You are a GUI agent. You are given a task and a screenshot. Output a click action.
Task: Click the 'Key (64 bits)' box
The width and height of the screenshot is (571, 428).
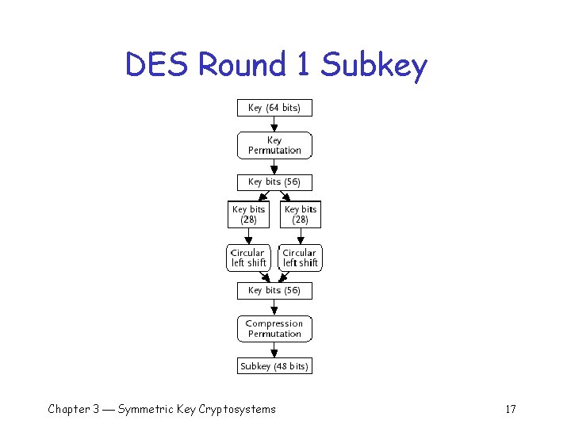(x=274, y=108)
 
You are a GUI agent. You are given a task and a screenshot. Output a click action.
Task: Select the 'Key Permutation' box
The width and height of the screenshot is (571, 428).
(x=274, y=145)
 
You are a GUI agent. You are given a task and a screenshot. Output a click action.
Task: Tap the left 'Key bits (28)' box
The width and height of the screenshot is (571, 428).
(x=248, y=215)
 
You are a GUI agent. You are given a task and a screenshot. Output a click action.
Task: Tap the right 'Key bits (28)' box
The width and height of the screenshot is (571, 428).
(x=301, y=215)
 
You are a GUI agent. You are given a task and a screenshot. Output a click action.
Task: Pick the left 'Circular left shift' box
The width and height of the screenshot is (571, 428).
(x=248, y=258)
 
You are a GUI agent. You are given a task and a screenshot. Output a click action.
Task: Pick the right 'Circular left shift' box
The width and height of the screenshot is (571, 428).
(x=301, y=258)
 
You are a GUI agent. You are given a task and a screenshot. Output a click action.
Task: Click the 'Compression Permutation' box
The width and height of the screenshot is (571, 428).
(x=274, y=329)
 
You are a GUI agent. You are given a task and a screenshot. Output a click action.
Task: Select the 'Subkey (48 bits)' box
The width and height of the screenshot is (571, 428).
(x=274, y=366)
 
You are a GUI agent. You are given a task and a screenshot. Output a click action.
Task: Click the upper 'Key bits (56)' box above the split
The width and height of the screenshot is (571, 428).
(x=274, y=182)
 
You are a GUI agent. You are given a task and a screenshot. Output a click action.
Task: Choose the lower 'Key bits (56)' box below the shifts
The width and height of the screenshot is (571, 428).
(x=274, y=290)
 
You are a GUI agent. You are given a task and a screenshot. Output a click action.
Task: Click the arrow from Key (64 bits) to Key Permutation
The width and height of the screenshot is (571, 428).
(x=274, y=124)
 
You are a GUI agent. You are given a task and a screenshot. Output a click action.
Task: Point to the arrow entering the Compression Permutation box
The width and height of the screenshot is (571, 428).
(x=274, y=308)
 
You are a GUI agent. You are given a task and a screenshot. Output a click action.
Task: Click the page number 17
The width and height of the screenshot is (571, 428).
(x=510, y=409)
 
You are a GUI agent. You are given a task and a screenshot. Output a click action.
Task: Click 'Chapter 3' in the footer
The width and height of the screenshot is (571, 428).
(x=73, y=409)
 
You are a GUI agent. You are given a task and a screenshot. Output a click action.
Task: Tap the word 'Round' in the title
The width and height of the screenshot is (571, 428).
(x=241, y=66)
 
